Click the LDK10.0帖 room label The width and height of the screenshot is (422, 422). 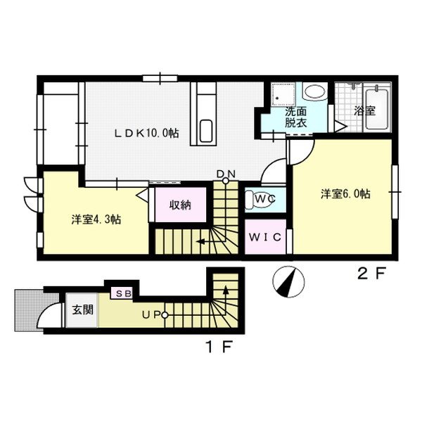147,132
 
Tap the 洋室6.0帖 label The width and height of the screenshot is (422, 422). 345,194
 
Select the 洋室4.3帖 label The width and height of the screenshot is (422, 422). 96,219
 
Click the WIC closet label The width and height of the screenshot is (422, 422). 266,236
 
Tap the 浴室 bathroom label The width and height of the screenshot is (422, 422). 364,110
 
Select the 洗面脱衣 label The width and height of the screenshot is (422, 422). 295,117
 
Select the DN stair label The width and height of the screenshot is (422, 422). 226,174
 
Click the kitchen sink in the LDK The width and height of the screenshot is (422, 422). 205,129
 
